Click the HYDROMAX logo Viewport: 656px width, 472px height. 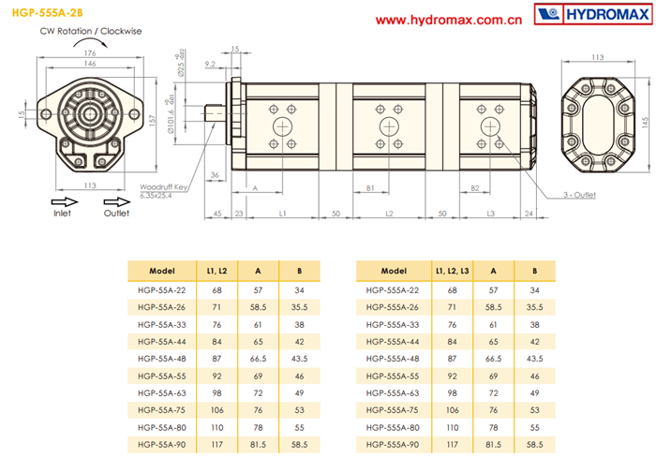pyautogui.click(x=593, y=14)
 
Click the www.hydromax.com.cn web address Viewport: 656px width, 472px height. pyautogui.click(x=449, y=20)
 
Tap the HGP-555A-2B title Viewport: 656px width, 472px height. pyautogui.click(x=47, y=13)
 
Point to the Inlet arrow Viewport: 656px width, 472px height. pyautogui.click(x=65, y=202)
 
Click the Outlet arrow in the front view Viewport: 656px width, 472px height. pyautogui.click(x=117, y=202)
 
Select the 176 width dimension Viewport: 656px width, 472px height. pyautogui.click(x=90, y=53)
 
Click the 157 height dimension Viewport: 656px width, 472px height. pyautogui.click(x=152, y=121)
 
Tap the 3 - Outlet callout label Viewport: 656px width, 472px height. pyautogui.click(x=579, y=195)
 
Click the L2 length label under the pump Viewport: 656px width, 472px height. pyautogui.click(x=389, y=214)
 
